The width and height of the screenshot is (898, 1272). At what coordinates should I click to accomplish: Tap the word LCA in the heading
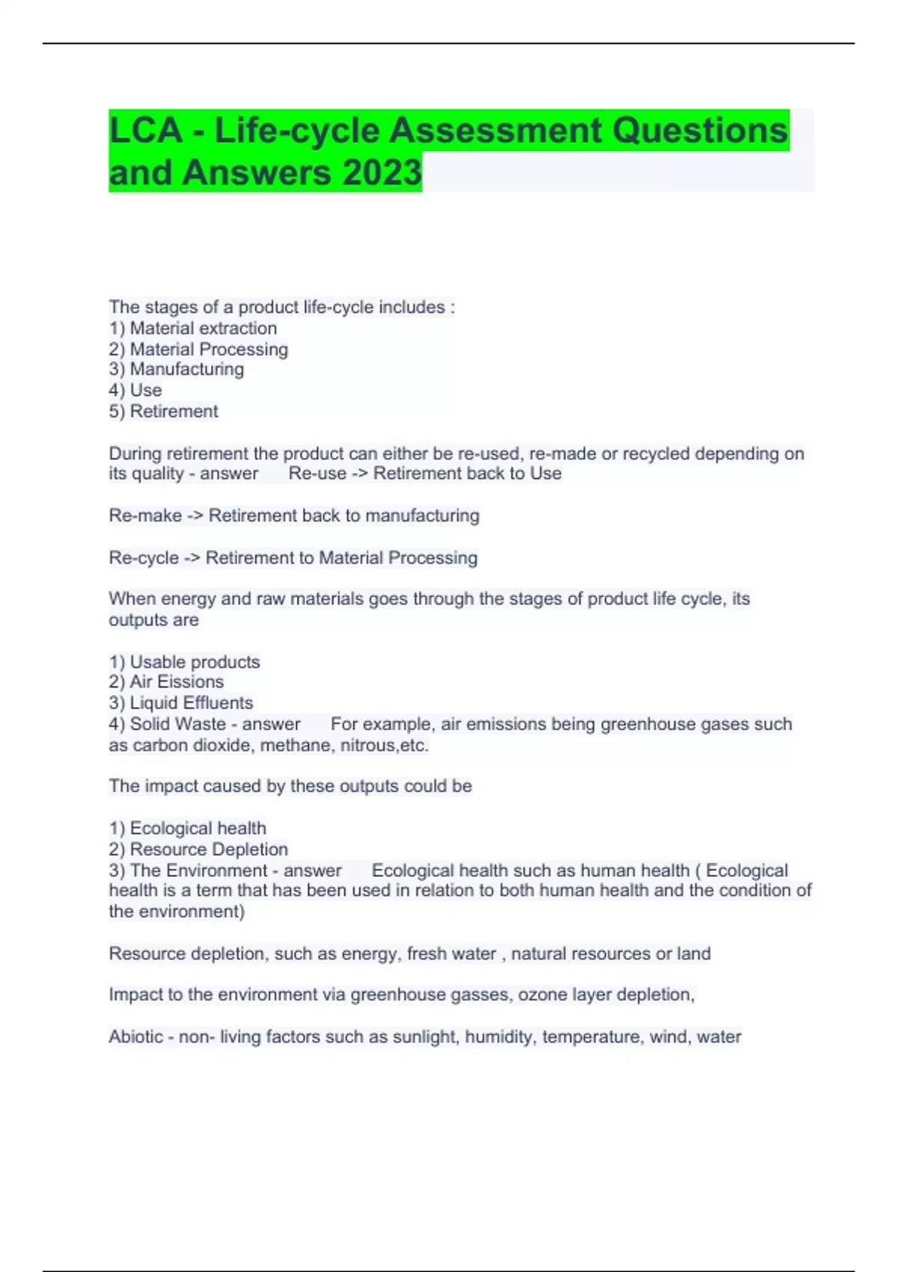pyautogui.click(x=146, y=131)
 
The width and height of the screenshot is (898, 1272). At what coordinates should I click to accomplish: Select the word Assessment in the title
pyautogui.click(x=495, y=131)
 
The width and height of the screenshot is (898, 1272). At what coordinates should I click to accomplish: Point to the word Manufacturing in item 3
pyautogui.click(x=187, y=370)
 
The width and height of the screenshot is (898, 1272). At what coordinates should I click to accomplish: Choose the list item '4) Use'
pyautogui.click(x=135, y=391)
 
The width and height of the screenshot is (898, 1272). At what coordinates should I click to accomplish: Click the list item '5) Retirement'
pyautogui.click(x=164, y=412)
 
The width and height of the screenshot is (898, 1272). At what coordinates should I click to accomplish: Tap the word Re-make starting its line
pyautogui.click(x=145, y=516)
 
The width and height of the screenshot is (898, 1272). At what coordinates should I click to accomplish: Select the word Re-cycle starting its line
pyautogui.click(x=144, y=558)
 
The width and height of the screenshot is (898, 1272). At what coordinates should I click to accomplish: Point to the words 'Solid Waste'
pyautogui.click(x=178, y=724)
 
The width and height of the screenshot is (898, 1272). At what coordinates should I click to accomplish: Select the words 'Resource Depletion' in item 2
pyautogui.click(x=209, y=850)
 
